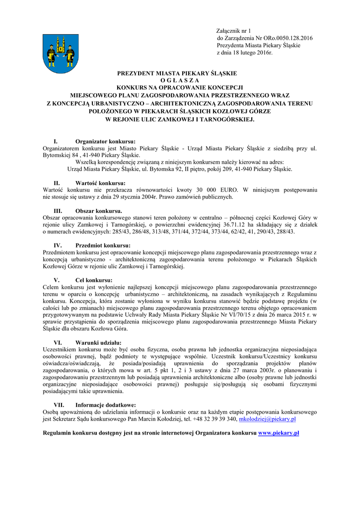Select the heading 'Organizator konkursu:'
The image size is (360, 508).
[x=105, y=141]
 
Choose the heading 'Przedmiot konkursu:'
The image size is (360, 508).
[x=103, y=246]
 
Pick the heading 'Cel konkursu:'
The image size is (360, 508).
[x=94, y=280]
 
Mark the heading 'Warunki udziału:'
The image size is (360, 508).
[x=98, y=343]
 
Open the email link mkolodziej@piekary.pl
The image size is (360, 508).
[x=268, y=419]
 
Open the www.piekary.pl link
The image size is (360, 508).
[x=279, y=433]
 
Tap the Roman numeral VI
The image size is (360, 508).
[x=58, y=343]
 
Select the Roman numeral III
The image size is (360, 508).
[x=58, y=211]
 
